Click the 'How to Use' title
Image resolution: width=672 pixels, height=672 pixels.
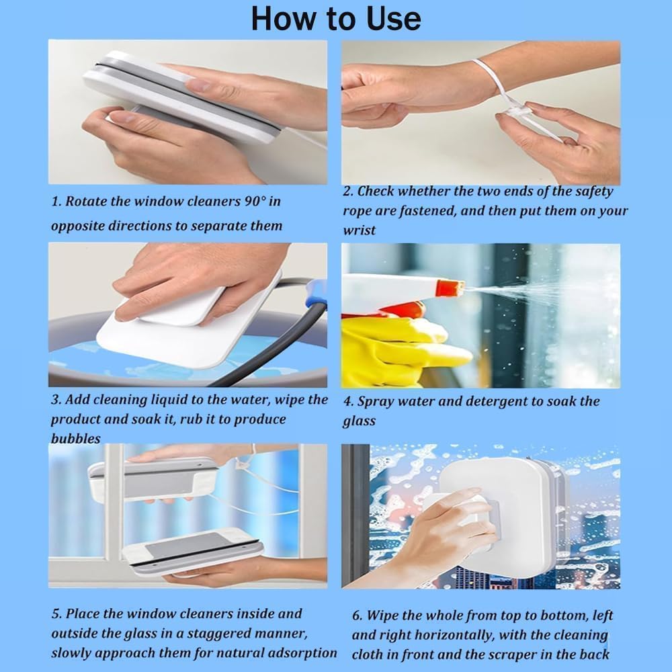[x=335, y=19]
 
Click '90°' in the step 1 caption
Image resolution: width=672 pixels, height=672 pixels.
[x=255, y=200]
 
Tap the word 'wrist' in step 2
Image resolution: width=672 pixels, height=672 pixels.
[x=359, y=230]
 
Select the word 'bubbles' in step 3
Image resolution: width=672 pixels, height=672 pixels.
[x=76, y=438]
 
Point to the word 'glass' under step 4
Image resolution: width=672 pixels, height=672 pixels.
[x=359, y=421]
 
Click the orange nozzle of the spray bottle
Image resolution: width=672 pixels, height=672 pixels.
[x=451, y=288]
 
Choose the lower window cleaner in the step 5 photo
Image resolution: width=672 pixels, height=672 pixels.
[x=193, y=551]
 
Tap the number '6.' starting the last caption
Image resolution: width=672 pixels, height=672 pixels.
[x=358, y=616]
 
